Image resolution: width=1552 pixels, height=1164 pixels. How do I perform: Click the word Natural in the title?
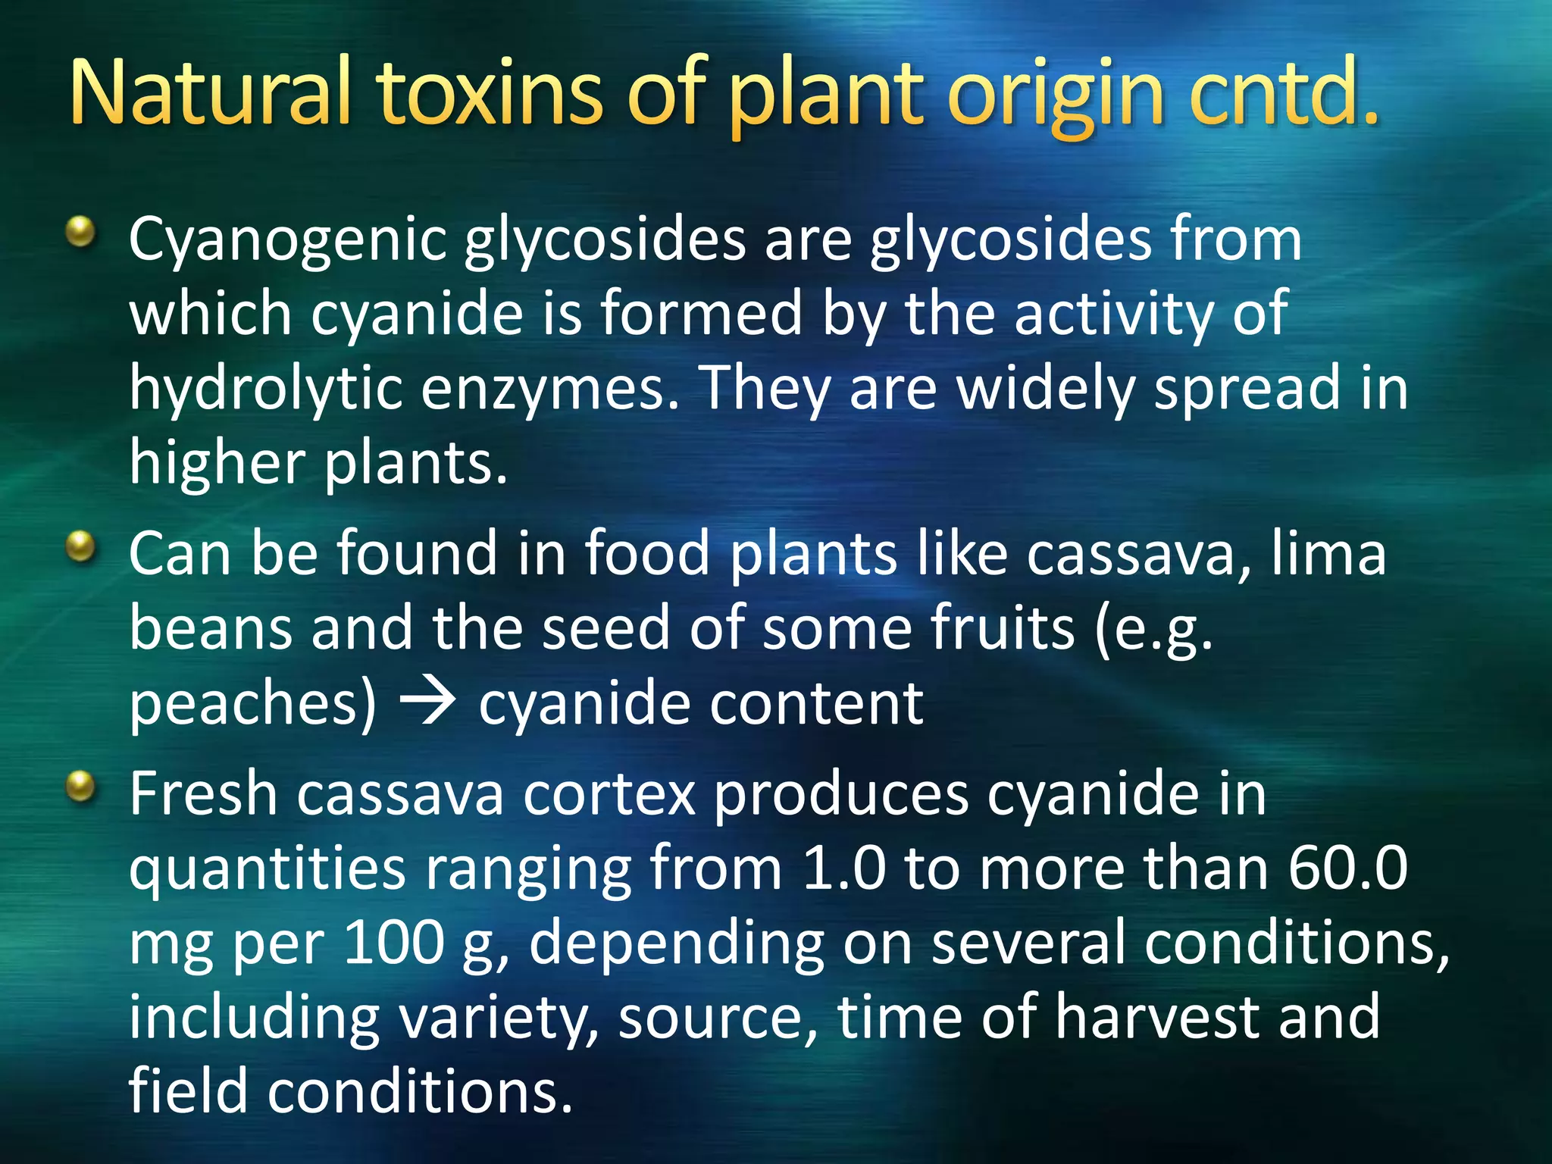pyautogui.click(x=210, y=92)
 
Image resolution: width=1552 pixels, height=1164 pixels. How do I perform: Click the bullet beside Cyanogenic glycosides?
pyautogui.click(x=80, y=232)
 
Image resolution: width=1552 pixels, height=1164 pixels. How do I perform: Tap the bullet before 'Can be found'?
pyautogui.click(x=80, y=546)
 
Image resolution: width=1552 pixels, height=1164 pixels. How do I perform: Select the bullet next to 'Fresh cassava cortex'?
pyautogui.click(x=80, y=786)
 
